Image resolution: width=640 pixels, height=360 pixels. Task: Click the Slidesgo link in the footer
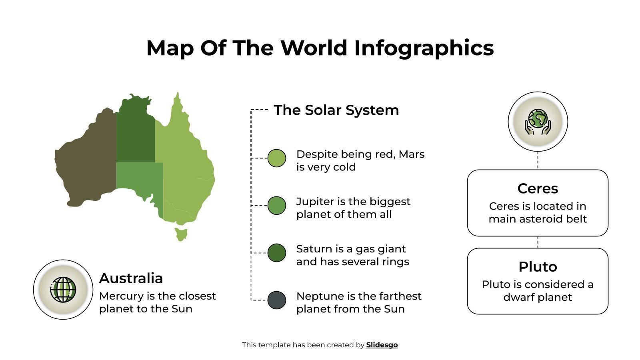382,345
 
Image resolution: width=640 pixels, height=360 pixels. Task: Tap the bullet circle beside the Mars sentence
276,158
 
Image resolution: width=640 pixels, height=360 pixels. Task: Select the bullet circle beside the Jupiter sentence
276,205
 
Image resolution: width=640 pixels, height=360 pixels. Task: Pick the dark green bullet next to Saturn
276,253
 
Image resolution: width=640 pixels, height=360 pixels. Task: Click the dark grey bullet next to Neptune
276,300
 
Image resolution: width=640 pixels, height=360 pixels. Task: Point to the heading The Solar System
336,110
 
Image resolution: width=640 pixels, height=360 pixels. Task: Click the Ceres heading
537,188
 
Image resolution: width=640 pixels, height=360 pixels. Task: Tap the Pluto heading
537,267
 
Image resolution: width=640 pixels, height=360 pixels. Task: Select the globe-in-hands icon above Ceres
538,122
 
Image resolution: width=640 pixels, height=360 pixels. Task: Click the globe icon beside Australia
63,290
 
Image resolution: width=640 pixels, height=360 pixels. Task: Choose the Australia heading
131,278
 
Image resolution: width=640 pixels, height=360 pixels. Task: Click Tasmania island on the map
181,234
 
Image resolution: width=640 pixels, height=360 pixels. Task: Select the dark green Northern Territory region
135,132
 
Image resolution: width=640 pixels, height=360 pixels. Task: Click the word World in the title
314,48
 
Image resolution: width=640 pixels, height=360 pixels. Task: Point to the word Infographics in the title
424,48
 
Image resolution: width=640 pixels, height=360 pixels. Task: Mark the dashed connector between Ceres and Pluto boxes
538,242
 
